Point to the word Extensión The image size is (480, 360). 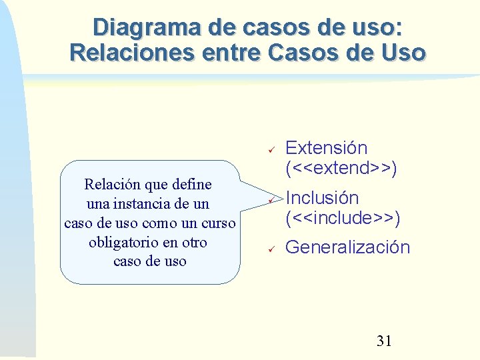326,148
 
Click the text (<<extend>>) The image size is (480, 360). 341,168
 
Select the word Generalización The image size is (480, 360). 347,247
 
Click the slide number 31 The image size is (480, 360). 384,341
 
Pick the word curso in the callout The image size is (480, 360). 218,223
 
